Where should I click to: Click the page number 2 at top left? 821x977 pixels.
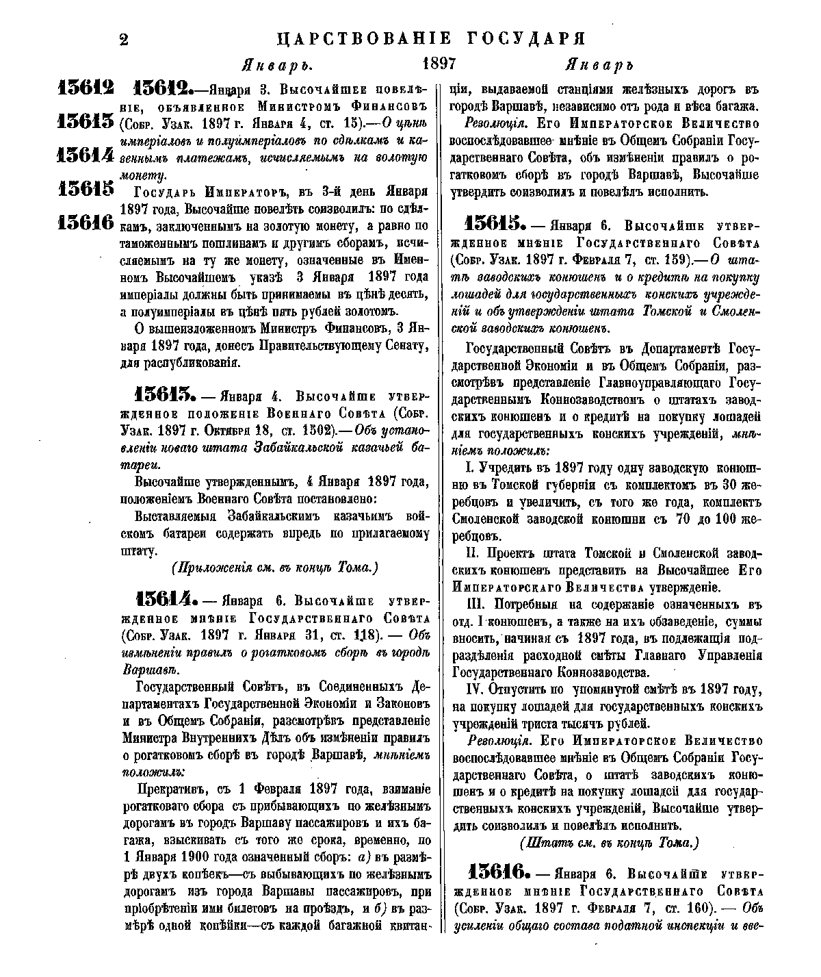124,40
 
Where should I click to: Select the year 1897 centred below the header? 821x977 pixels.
439,64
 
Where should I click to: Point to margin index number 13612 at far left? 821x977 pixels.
86,89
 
